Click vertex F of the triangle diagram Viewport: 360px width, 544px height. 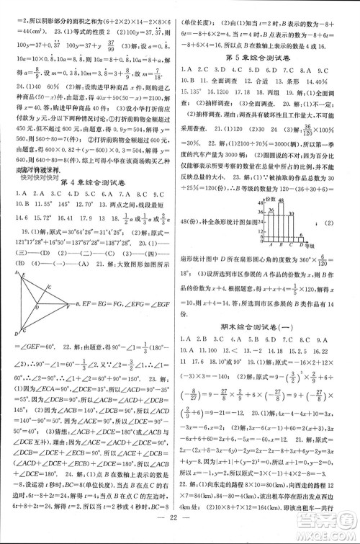click(68, 304)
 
